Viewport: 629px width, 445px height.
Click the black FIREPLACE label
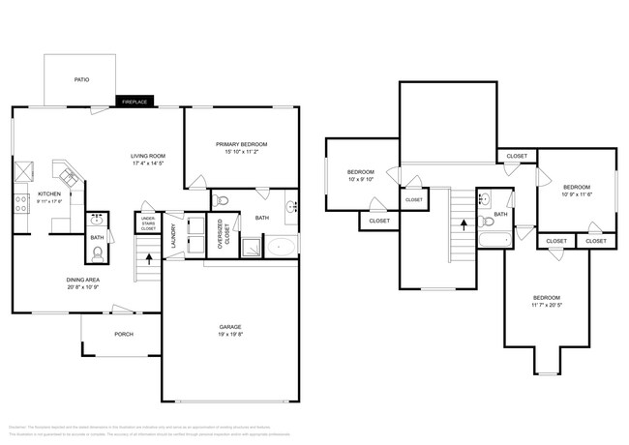click(134, 101)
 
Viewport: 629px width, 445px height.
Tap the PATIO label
click(81, 79)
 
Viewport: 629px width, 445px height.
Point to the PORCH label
click(123, 336)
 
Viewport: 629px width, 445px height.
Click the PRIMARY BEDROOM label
click(241, 144)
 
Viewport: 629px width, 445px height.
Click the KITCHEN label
click(48, 193)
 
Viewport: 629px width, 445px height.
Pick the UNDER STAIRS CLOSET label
click(148, 224)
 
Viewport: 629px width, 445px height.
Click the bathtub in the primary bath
click(282, 247)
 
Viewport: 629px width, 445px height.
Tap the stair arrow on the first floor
click(148, 258)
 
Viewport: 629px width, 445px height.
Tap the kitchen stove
click(20, 203)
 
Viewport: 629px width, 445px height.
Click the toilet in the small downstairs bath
click(97, 254)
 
